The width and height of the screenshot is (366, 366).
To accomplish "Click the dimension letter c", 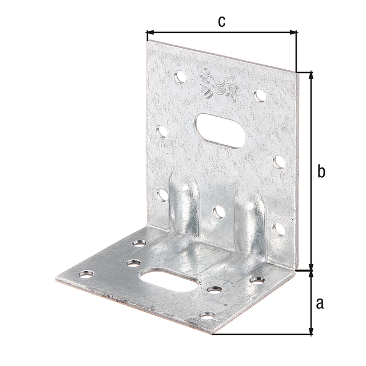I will (x=221, y=21).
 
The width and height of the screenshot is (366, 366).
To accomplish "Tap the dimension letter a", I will (x=321, y=301).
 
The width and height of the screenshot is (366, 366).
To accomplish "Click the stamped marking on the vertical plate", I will (x=210, y=85).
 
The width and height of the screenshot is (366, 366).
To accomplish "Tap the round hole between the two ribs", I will (x=218, y=213).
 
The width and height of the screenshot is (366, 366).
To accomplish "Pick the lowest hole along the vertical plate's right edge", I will (x=280, y=230).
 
